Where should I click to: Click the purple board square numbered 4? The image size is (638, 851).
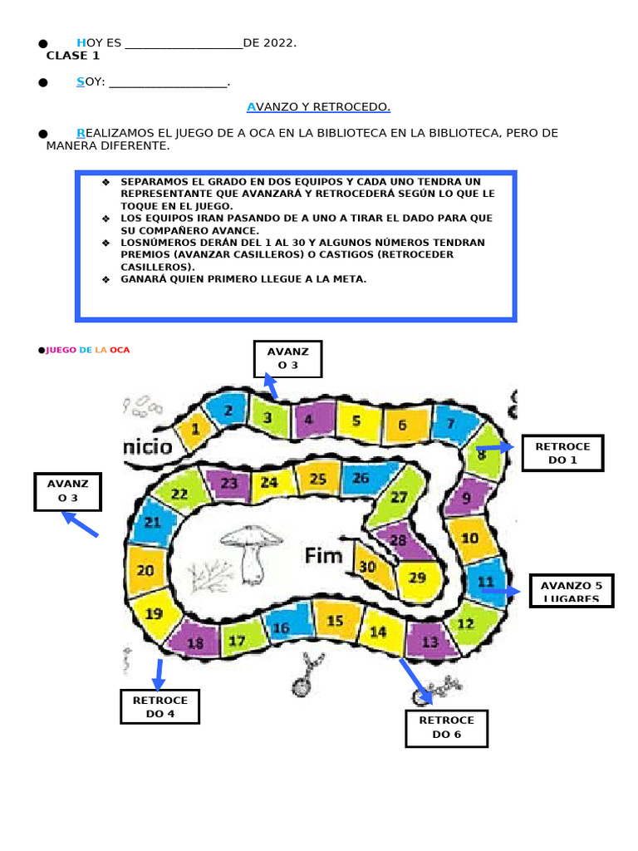pyautogui.click(x=308, y=419)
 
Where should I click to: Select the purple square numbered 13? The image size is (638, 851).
pyautogui.click(x=429, y=641)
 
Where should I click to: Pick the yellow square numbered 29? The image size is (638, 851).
pyautogui.click(x=417, y=578)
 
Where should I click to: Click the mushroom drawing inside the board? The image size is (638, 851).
pyautogui.click(x=251, y=551)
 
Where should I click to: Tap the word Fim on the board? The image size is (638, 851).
pyautogui.click(x=323, y=556)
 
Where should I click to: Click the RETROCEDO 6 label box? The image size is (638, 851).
pyautogui.click(x=447, y=728)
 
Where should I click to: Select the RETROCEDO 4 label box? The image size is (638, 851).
pyautogui.click(x=160, y=707)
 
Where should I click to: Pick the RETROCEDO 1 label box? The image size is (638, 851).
pyautogui.click(x=562, y=453)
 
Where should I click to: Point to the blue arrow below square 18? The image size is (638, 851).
pyautogui.click(x=159, y=674)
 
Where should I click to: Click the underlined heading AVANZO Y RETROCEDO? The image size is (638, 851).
pyautogui.click(x=318, y=107)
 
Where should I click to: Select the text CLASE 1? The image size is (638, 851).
pyautogui.click(x=73, y=56)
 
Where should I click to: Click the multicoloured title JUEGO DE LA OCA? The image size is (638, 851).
pyautogui.click(x=87, y=350)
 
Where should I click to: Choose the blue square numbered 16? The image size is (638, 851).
pyautogui.click(x=281, y=628)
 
